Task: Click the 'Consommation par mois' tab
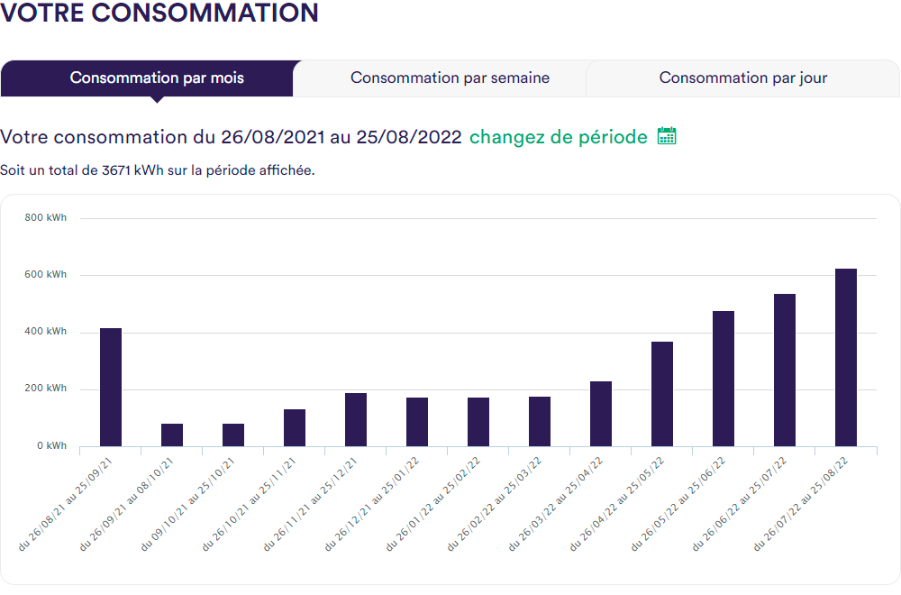(x=157, y=78)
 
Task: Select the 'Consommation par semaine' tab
(x=450, y=78)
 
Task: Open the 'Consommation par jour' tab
(x=743, y=78)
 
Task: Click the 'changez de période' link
(x=558, y=137)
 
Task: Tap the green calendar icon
(x=667, y=136)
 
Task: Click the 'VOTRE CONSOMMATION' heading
(x=159, y=14)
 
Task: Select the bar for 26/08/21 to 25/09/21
(x=111, y=388)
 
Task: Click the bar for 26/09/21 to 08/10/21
(x=172, y=435)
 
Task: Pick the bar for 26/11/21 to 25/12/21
(x=356, y=420)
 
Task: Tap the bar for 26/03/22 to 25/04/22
(x=601, y=414)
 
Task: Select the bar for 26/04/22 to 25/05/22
(x=662, y=394)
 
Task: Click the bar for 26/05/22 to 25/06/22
(x=724, y=379)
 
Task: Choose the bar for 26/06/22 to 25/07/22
(x=785, y=371)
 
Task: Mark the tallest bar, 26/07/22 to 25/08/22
(x=846, y=358)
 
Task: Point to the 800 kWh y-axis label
(x=46, y=217)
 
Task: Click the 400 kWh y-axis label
(x=46, y=332)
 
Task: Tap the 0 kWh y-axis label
(x=51, y=446)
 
